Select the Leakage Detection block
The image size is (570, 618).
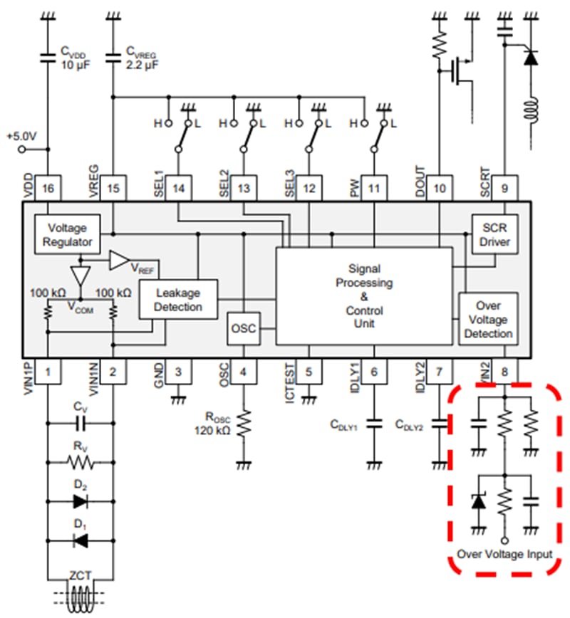click(178, 300)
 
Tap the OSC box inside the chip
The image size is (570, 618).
click(243, 329)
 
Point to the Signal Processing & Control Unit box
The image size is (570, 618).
click(364, 295)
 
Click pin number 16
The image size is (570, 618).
click(48, 189)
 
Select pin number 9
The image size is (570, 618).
click(504, 189)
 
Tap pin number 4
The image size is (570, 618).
click(244, 371)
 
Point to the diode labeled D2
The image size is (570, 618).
click(81, 501)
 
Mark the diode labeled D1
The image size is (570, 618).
click(81, 541)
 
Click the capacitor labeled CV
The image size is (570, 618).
click(81, 423)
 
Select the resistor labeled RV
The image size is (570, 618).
click(81, 462)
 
